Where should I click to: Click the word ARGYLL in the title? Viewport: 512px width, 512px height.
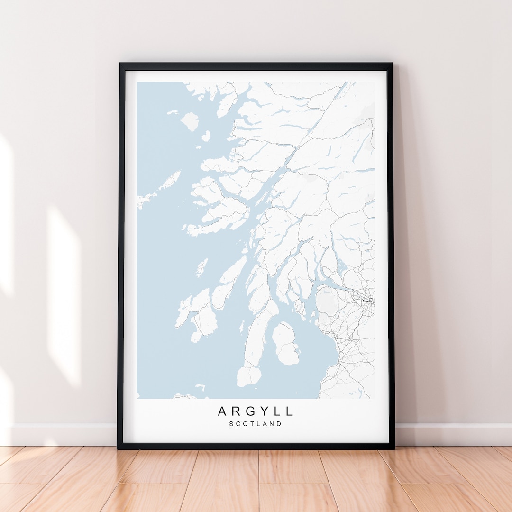click(255, 411)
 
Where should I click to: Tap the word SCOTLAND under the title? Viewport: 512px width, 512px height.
click(255, 424)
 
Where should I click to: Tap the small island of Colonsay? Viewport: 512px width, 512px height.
click(202, 267)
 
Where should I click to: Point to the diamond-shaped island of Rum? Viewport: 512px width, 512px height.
click(190, 121)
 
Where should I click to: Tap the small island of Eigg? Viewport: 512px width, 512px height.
click(205, 136)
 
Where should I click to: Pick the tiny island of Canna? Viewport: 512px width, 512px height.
click(172, 112)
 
